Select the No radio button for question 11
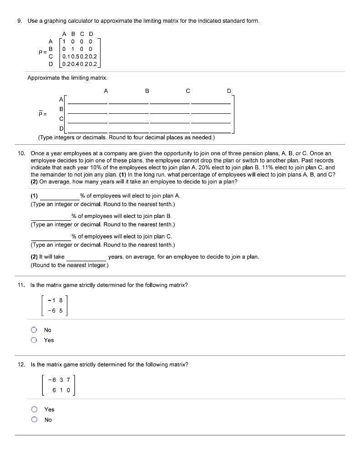tap(34, 330)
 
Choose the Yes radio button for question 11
tap(34, 340)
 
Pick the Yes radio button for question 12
tap(34, 410)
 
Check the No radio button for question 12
tap(34, 420)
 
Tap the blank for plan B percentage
tap(51, 216)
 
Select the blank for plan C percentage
tap(51, 236)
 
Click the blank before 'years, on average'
tap(86, 257)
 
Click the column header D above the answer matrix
tap(229, 91)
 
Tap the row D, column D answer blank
tap(211, 130)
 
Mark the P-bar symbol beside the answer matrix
tap(42, 114)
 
